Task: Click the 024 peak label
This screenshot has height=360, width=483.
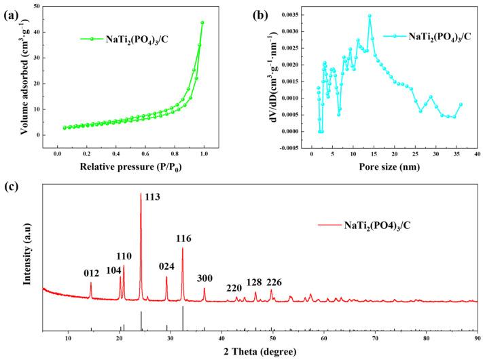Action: (167, 267)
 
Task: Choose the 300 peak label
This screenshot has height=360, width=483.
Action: (205, 278)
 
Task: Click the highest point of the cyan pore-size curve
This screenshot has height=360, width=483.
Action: (370, 16)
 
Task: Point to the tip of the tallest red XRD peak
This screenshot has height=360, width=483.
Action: (141, 194)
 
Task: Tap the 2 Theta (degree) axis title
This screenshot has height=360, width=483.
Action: (260, 351)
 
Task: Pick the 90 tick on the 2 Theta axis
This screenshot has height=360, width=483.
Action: (477, 338)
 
